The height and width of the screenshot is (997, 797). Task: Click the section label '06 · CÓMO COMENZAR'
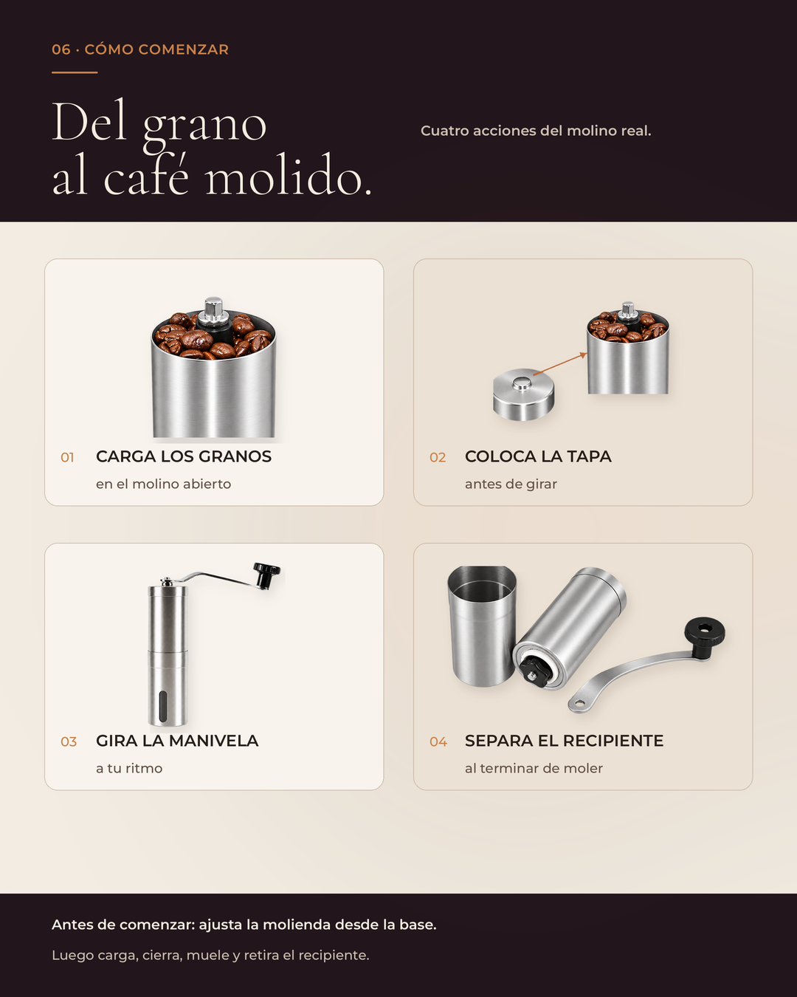[140, 49]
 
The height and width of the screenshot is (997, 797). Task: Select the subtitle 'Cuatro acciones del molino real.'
[536, 131]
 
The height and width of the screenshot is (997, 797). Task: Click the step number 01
[68, 458]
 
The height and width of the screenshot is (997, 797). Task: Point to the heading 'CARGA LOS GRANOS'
[184, 456]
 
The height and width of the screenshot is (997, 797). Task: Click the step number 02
[438, 458]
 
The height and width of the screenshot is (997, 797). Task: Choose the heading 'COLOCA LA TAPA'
[538, 456]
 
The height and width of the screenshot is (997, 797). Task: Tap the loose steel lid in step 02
[523, 394]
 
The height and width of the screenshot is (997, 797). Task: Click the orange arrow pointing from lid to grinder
[560, 363]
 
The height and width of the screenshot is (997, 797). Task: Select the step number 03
[69, 742]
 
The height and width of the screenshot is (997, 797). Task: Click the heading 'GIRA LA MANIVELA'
[177, 741]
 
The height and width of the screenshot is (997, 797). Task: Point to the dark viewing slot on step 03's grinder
[163, 707]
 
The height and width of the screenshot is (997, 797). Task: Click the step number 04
[438, 742]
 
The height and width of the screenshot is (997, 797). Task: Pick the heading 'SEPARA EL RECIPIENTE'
[564, 741]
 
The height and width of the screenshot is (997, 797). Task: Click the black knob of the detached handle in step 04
[705, 634]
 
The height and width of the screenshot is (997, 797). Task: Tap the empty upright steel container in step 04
[482, 626]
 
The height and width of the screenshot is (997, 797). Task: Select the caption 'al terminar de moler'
[534, 769]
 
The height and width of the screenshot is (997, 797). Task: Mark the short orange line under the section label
[75, 72]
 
